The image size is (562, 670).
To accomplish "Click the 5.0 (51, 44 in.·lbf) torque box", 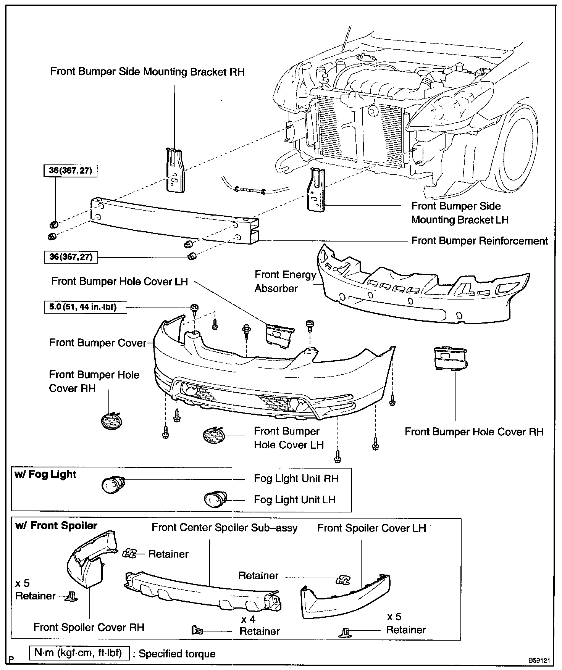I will [x=85, y=307].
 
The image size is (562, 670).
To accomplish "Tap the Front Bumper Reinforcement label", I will [x=479, y=241].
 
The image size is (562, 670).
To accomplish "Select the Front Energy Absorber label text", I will [x=285, y=282].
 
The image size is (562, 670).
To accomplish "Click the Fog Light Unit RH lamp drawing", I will [x=111, y=485].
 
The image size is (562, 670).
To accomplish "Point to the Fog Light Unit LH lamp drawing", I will [x=215, y=499].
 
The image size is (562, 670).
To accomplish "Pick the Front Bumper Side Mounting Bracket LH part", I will [x=317, y=190].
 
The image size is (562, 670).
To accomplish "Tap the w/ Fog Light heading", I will [x=45, y=475].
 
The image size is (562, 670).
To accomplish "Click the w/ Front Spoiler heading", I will [x=56, y=526].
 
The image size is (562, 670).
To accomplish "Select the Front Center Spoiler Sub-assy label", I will [x=224, y=528].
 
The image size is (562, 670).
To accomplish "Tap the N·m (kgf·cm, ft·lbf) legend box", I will [x=79, y=653].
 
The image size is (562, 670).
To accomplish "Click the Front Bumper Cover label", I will [x=98, y=343].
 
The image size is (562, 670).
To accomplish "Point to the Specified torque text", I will [x=177, y=654].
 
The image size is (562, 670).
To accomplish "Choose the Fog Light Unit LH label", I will [x=295, y=499].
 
